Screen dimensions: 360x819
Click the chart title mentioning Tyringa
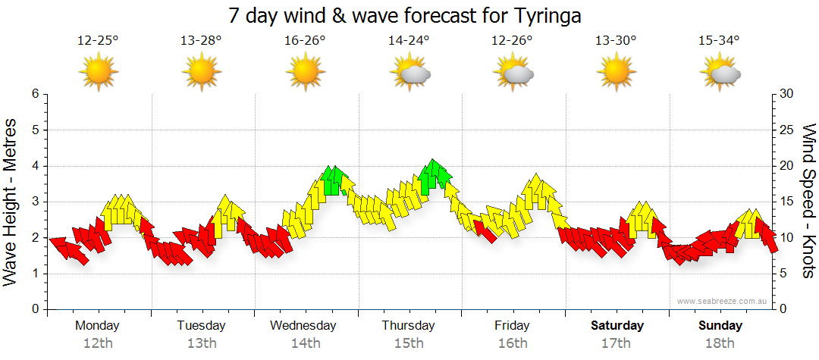coord(409,15)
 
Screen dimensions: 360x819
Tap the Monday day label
coord(97,326)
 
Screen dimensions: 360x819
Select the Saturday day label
coord(617,326)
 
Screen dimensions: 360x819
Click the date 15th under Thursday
coord(409,343)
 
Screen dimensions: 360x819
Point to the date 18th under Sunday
coord(720,343)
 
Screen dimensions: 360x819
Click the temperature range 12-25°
coord(98,41)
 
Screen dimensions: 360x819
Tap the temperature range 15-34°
coord(719,41)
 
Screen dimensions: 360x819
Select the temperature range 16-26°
coord(305,41)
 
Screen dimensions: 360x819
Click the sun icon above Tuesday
coord(201,73)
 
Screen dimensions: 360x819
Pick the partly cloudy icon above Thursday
coord(409,73)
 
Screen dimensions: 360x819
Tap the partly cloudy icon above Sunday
coord(720,73)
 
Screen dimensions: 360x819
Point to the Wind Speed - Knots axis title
coord(808,201)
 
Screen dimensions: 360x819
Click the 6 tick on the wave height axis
coord(34,94)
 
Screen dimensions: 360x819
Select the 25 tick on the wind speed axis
coord(787,130)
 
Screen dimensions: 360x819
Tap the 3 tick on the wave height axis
coord(34,202)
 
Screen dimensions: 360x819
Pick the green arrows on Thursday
coord(434,175)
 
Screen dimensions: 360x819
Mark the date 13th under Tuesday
coord(201,343)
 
